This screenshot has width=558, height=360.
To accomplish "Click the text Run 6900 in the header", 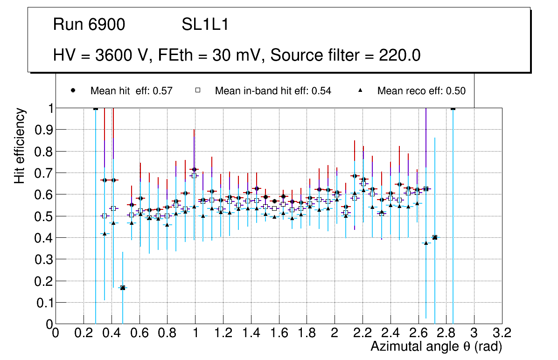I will pyautogui.click(x=89, y=25).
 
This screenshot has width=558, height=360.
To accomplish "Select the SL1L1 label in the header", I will pyautogui.click(x=205, y=25).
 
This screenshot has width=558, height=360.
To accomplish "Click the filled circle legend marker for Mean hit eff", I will pyautogui.click(x=73, y=91).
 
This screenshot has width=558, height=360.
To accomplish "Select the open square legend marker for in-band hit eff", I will pyautogui.click(x=198, y=91).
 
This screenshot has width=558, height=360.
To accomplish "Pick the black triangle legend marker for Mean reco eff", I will pyautogui.click(x=360, y=91).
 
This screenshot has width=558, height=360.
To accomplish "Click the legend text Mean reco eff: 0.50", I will pyautogui.click(x=421, y=91).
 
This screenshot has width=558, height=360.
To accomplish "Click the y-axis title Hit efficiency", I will pyautogui.click(x=20, y=145).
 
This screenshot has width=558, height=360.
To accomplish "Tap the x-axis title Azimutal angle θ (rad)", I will pyautogui.click(x=436, y=346).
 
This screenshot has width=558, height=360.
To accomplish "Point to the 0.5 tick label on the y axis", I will pyautogui.click(x=43, y=216).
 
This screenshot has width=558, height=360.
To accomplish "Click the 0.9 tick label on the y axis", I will pyautogui.click(x=43, y=130).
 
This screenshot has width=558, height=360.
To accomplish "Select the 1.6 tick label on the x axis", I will pyautogui.click(x=279, y=333).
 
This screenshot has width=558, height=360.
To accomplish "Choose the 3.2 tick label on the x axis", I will pyautogui.click(x=502, y=333).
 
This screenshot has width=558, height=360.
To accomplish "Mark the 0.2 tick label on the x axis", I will pyautogui.click(x=84, y=333).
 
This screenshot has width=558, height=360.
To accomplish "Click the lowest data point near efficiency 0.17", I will pyautogui.click(x=122, y=288).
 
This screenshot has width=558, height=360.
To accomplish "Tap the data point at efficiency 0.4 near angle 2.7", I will pyautogui.click(x=435, y=237).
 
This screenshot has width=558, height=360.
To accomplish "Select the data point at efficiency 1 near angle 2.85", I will pyautogui.click(x=453, y=108).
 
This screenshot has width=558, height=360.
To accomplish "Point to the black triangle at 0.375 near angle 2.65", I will pyautogui.click(x=425, y=243).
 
